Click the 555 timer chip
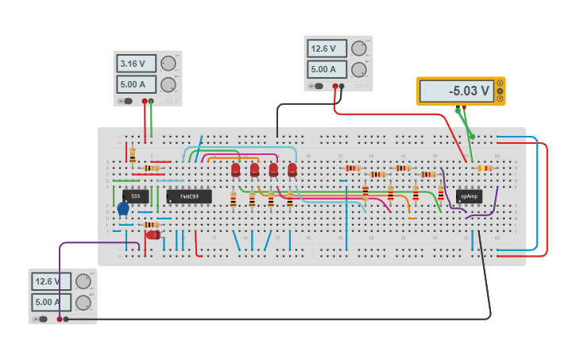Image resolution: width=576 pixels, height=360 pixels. pyautogui.click(x=135, y=196)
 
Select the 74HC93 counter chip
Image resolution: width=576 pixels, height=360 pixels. pyautogui.click(x=189, y=196)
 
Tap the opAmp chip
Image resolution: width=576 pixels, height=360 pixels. pyautogui.click(x=469, y=196)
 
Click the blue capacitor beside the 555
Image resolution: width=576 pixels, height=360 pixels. pyautogui.click(x=122, y=209)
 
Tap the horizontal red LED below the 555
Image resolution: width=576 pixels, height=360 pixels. pyautogui.click(x=153, y=234)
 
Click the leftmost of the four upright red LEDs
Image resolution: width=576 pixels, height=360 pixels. pyautogui.click(x=236, y=170)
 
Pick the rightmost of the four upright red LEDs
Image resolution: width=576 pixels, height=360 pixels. pyautogui.click(x=292, y=170)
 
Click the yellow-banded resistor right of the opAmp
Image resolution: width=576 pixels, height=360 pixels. pyautogui.click(x=485, y=168)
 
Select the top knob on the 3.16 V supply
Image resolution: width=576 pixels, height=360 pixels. pyautogui.click(x=168, y=64)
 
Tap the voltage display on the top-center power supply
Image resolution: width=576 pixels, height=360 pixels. pyautogui.click(x=327, y=48)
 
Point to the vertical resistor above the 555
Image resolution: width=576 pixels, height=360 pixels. pyautogui.click(x=132, y=155)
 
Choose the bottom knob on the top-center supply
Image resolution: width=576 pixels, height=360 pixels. pyautogui.click(x=359, y=69)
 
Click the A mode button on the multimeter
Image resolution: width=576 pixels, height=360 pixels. pyautogui.click(x=500, y=83)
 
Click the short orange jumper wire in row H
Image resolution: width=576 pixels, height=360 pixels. pyautogui.click(x=412, y=218)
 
